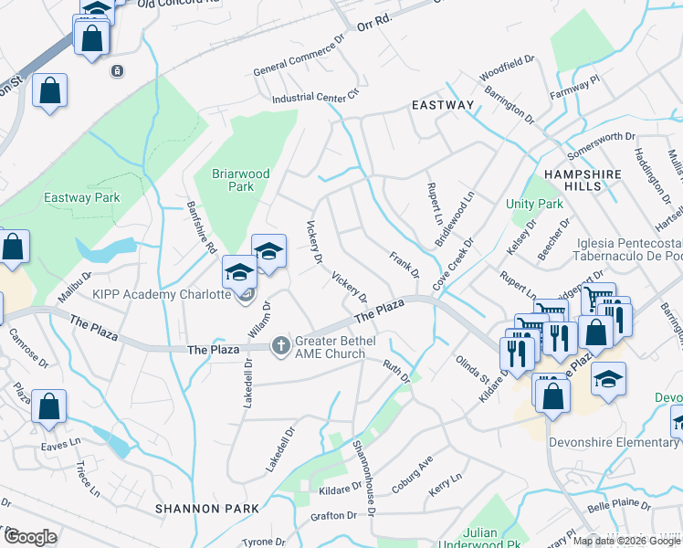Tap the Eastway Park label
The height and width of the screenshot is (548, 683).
pos(81,197)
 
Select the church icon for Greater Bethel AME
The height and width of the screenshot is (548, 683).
pos(282,344)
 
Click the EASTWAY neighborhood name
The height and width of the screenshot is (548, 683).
pos(443,105)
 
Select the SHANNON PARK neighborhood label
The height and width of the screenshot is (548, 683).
pos(198,508)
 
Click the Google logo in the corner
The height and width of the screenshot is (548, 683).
pos(29,537)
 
